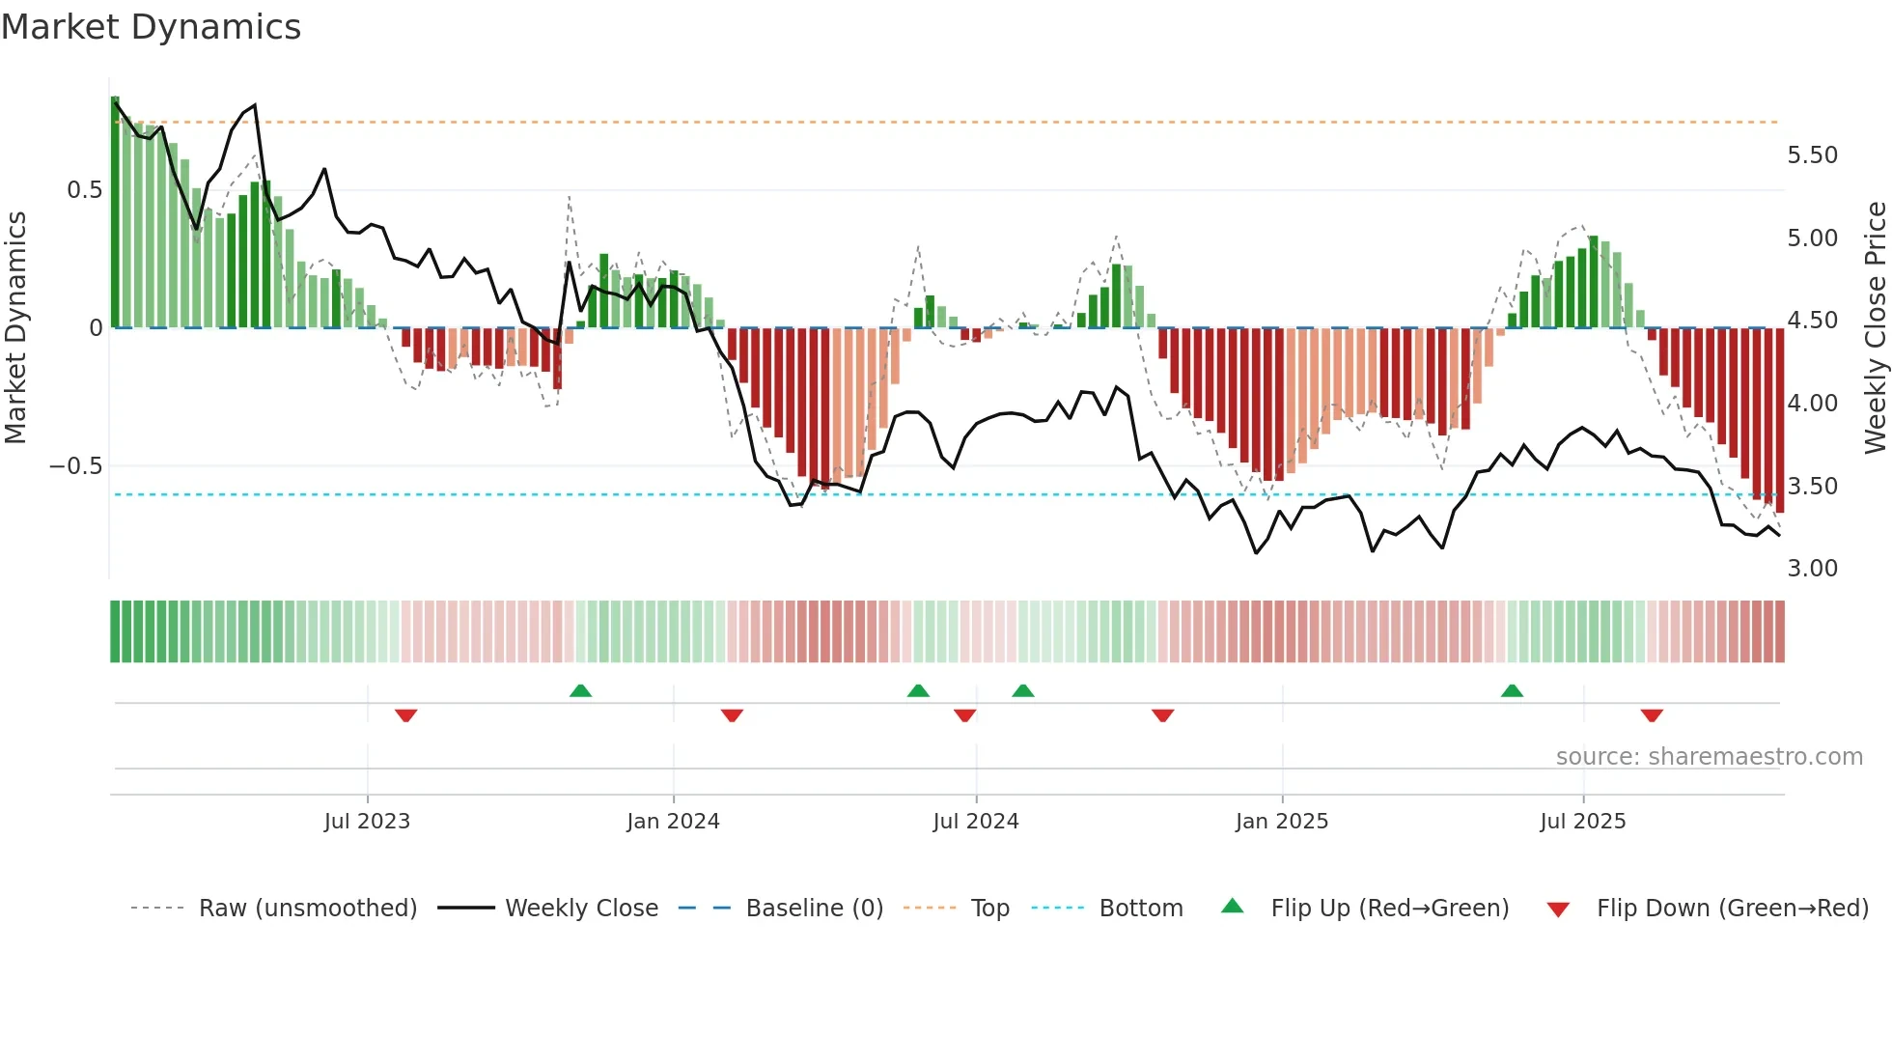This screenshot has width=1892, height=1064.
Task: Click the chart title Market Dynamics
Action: point(152,27)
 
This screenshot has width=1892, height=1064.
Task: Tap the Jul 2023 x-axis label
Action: point(367,822)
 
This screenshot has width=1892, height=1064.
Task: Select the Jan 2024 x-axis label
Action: point(673,822)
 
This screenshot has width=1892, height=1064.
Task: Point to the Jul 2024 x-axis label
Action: point(976,822)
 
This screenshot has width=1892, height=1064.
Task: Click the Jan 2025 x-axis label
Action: point(1282,822)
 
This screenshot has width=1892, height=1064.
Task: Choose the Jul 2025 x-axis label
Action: point(1583,822)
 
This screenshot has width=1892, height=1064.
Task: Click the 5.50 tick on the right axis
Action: point(1812,155)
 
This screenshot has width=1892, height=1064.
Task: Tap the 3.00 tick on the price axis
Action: point(1812,569)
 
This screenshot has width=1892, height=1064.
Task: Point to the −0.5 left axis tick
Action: point(75,466)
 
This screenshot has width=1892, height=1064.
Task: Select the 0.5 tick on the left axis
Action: point(84,190)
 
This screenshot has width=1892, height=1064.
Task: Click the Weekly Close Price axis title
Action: point(1875,327)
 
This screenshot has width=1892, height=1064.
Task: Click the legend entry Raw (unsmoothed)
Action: point(307,909)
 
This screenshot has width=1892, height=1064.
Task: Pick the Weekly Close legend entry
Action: point(581,909)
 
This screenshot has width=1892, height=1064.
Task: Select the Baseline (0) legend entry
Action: point(814,909)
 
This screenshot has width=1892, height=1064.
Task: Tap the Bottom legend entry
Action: point(1140,909)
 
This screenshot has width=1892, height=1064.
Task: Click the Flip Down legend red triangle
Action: point(1558,910)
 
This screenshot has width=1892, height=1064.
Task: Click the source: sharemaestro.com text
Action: point(1709,757)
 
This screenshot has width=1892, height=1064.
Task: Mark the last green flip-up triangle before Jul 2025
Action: point(1512,691)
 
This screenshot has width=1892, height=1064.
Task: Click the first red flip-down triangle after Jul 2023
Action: point(405,715)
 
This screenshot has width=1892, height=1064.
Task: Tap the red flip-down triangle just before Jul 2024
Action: point(964,715)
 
